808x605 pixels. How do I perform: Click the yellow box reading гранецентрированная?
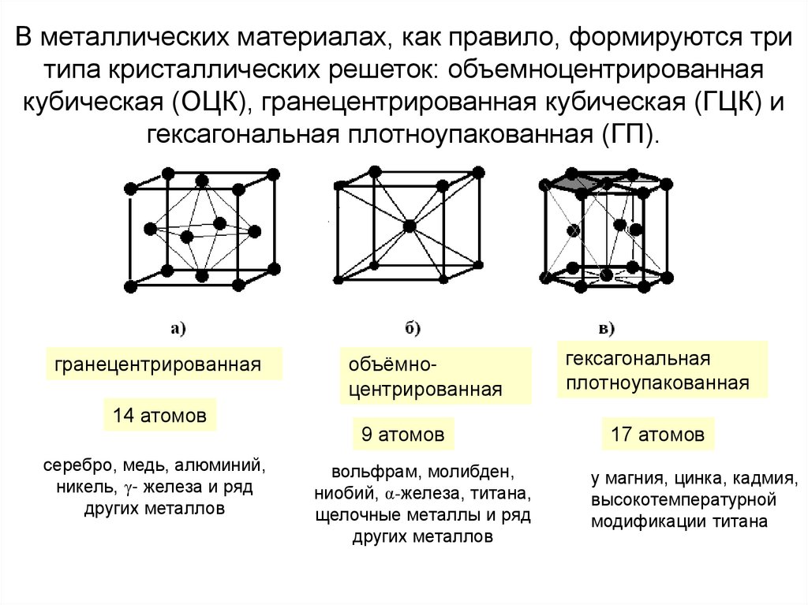163,364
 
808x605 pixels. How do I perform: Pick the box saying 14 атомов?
160,415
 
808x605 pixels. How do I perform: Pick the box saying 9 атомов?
403,434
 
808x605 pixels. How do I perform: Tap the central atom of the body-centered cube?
408,226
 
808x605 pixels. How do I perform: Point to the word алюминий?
224,465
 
